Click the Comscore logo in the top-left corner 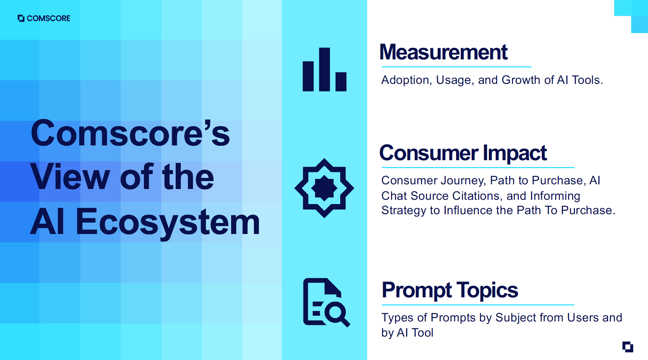(44, 18)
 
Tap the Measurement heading (443, 52)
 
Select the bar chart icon (324, 69)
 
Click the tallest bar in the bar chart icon (324, 69)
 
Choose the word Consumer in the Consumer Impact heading (429, 153)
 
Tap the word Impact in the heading (514, 153)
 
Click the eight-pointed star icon (324, 188)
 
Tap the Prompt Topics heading (450, 290)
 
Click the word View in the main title (70, 177)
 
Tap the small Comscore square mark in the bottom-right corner (627, 347)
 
